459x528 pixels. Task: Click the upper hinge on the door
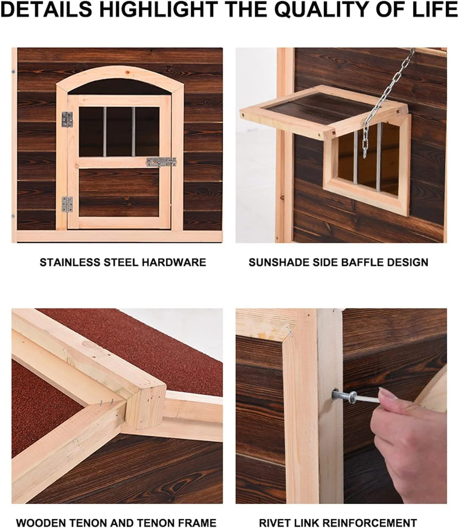click(x=67, y=119)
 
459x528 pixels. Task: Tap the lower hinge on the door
click(x=67, y=204)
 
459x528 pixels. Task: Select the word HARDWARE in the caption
click(x=174, y=262)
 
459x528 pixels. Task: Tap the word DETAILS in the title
click(x=47, y=9)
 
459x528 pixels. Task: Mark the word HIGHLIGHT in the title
click(x=159, y=9)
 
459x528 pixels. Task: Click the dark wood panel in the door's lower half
click(x=119, y=193)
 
